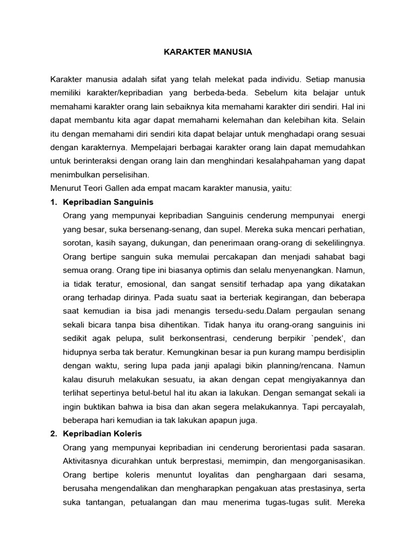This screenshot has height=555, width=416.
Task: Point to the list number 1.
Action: (x=53, y=202)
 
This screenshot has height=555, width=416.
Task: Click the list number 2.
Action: (x=53, y=434)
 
